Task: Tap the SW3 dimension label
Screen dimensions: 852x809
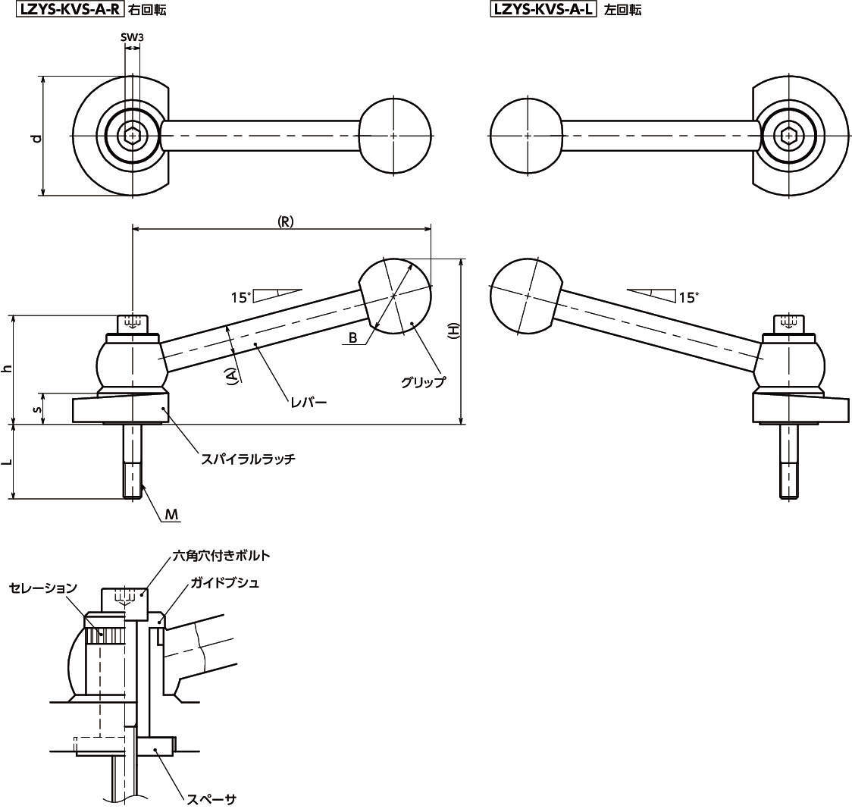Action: pyautogui.click(x=132, y=37)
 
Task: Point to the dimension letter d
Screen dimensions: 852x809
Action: pyautogui.click(x=36, y=138)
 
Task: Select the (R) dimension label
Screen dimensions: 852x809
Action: pyautogui.click(x=285, y=221)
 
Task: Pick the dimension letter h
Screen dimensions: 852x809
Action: pyautogui.click(x=7, y=368)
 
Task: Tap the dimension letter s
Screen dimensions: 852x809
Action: pyautogui.click(x=36, y=410)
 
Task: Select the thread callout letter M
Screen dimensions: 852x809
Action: pyautogui.click(x=172, y=514)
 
